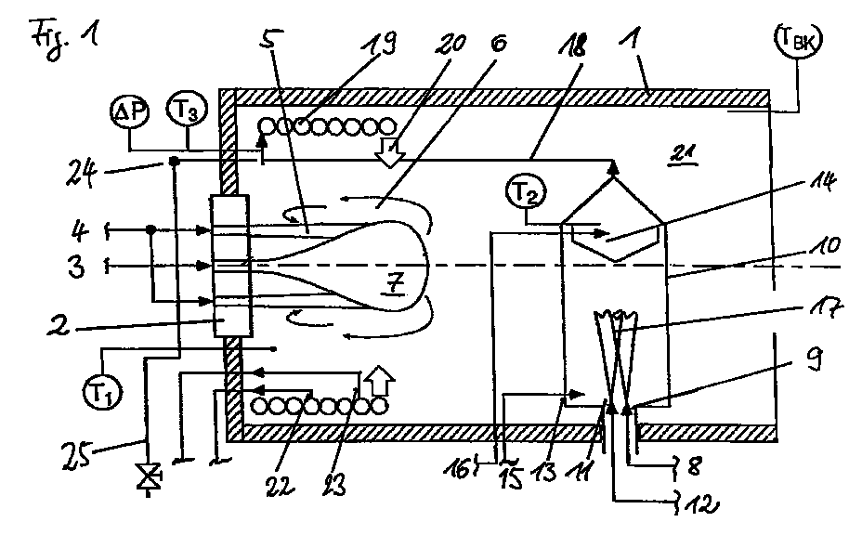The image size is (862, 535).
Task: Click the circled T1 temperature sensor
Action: pyautogui.click(x=102, y=392)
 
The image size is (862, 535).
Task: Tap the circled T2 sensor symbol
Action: pyautogui.click(x=527, y=192)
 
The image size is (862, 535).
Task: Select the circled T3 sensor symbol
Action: pyautogui.click(x=187, y=109)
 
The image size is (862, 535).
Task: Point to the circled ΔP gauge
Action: pyautogui.click(x=129, y=111)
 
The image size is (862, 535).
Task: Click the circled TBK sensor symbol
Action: pyautogui.click(x=798, y=39)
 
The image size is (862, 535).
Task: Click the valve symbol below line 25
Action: pyautogui.click(x=148, y=476)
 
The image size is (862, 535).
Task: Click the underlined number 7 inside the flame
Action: pyautogui.click(x=395, y=284)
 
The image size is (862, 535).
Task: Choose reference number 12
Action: pyautogui.click(x=699, y=503)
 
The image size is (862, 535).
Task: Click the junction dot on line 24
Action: pyautogui.click(x=174, y=161)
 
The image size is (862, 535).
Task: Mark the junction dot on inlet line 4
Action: pyautogui.click(x=150, y=229)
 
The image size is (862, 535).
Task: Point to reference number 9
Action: pyautogui.click(x=814, y=359)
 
